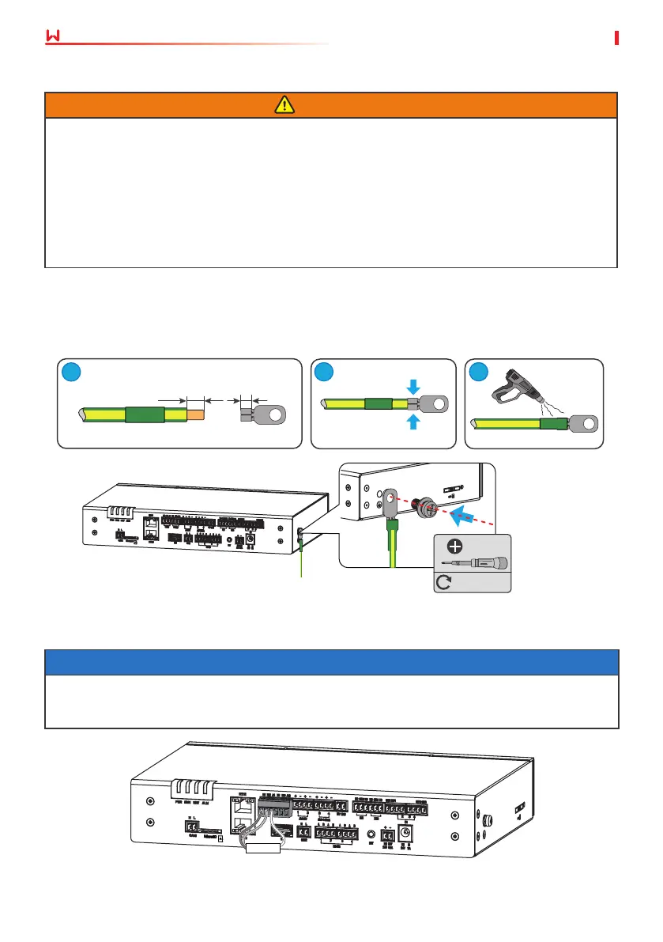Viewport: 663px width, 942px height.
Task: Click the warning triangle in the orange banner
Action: click(331, 105)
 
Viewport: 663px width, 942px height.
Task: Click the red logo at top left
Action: click(54, 37)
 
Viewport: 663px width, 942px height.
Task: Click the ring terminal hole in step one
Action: click(276, 414)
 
